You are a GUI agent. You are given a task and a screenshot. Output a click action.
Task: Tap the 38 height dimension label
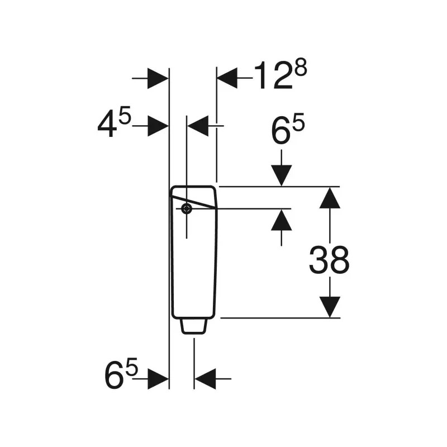coord(329,260)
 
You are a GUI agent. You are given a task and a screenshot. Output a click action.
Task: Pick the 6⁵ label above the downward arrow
coord(287,132)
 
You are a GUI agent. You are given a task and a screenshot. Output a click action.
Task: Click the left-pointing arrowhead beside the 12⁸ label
coord(226,78)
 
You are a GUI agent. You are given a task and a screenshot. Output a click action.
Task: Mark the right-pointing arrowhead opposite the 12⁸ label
coord(158,78)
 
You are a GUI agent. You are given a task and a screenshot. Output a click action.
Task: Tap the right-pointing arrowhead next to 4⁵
coord(158,126)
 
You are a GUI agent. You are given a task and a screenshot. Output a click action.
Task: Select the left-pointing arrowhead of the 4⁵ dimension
coord(198,126)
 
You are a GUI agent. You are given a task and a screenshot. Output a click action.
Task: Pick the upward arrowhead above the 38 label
coord(330,197)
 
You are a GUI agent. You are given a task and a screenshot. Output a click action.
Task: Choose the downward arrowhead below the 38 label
coord(330,307)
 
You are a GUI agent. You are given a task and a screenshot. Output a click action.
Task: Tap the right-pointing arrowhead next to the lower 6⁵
coord(158,379)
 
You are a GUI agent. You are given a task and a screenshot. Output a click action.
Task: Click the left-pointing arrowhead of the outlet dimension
coord(205,379)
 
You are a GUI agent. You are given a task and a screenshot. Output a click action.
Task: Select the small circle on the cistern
coord(186,209)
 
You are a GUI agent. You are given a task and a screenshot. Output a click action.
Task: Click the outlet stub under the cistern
coord(194,326)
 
